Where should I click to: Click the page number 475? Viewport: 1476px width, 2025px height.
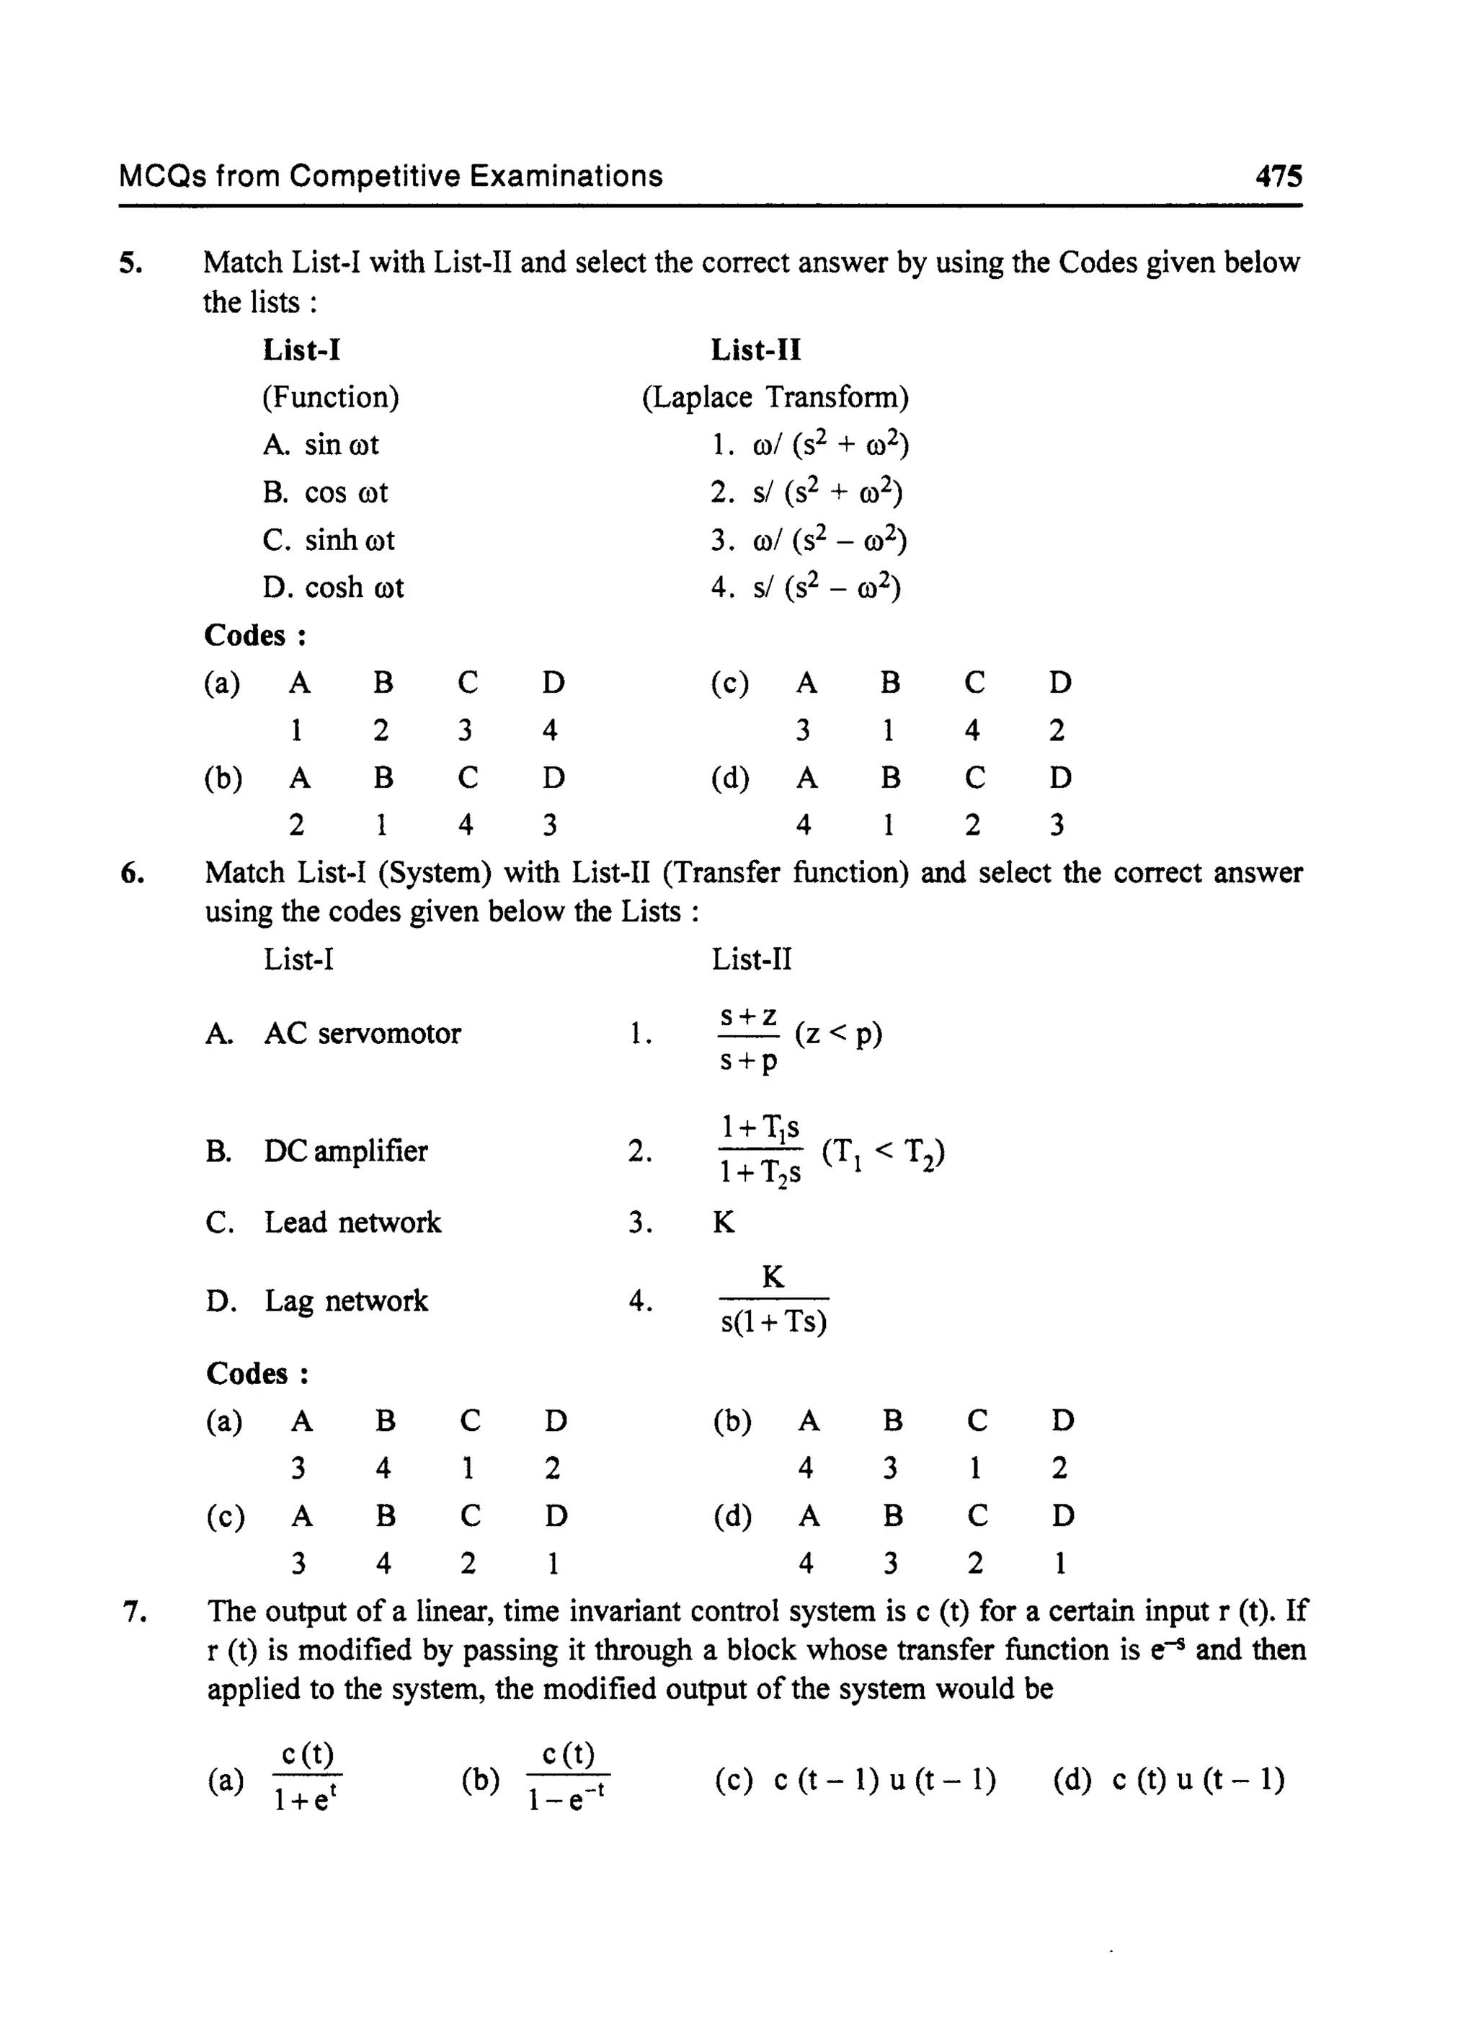pyautogui.click(x=1278, y=176)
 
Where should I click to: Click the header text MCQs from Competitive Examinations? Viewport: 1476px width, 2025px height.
pyautogui.click(x=391, y=176)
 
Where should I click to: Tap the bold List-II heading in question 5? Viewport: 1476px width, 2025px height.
pyautogui.click(x=755, y=350)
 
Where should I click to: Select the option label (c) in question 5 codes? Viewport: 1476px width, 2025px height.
pyautogui.click(x=729, y=683)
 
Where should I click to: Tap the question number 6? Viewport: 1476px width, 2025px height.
pyautogui.click(x=132, y=872)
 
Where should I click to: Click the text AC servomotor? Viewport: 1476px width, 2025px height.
pyautogui.click(x=362, y=1033)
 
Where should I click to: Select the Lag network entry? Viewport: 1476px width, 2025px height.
pyautogui.click(x=346, y=1300)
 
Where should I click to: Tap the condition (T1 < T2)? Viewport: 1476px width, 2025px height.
pyautogui.click(x=883, y=1153)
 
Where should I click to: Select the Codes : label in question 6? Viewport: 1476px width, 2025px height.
pyautogui.click(x=257, y=1373)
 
